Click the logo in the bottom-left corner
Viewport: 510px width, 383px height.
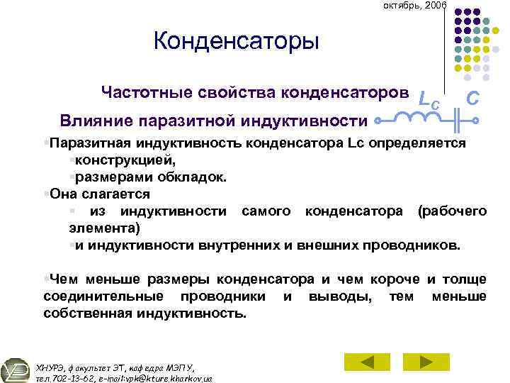14,370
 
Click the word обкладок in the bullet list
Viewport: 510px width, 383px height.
195,177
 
